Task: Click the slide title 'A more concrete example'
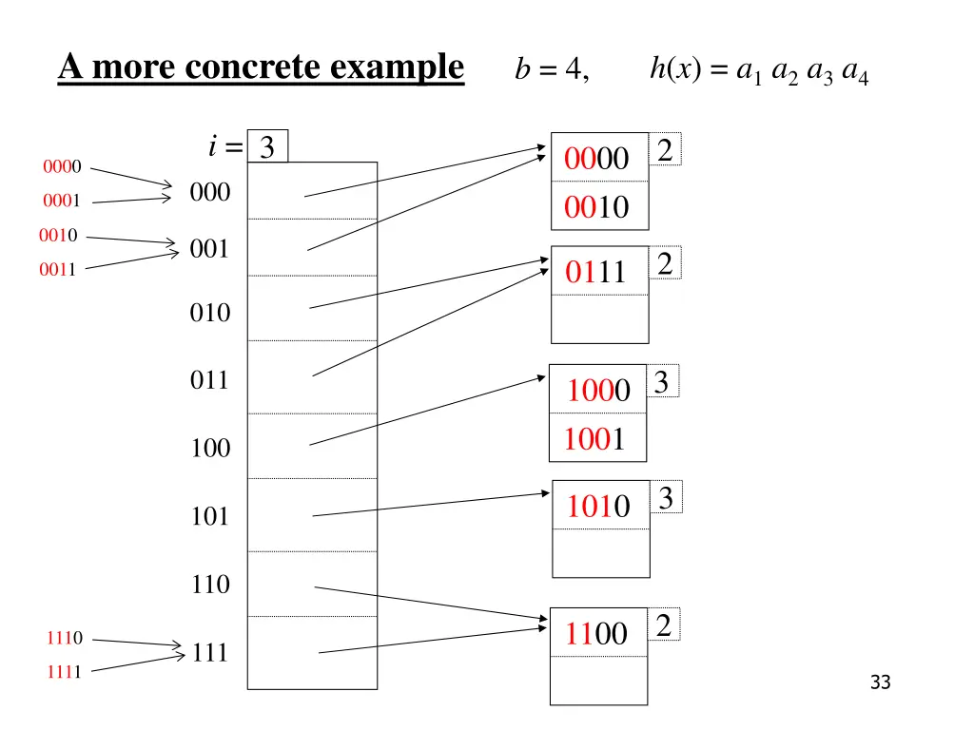click(261, 68)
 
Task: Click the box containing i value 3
click(267, 147)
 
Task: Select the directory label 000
click(209, 193)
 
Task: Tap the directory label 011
click(209, 381)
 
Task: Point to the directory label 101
click(209, 517)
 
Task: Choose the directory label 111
click(209, 653)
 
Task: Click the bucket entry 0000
click(596, 160)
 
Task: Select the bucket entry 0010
click(596, 207)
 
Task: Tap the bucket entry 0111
click(596, 273)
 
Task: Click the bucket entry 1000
click(598, 391)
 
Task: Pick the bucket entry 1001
click(594, 439)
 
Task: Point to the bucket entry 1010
click(598, 508)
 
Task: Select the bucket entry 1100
click(596, 633)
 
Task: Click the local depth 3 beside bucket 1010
click(666, 498)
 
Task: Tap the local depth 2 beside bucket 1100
click(664, 625)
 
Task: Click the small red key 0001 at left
click(61, 201)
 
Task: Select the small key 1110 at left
click(64, 638)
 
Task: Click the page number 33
click(880, 682)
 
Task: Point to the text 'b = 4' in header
click(552, 70)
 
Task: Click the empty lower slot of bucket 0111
click(599, 319)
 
